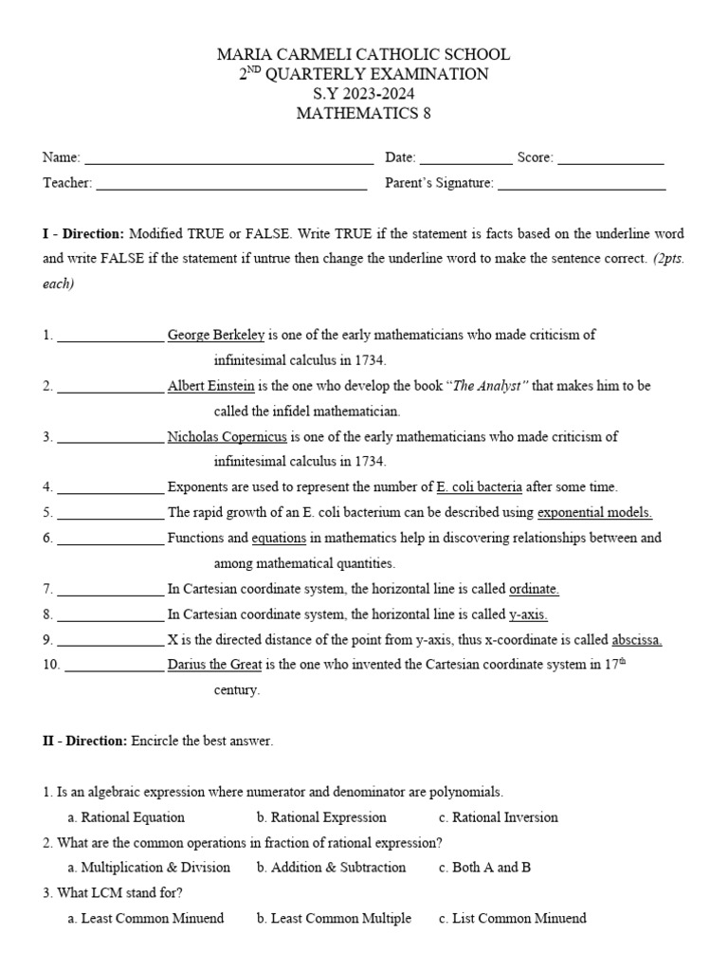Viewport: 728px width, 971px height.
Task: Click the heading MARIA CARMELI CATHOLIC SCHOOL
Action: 363,55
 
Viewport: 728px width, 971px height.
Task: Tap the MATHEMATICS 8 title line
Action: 363,114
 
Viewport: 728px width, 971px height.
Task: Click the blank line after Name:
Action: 228,159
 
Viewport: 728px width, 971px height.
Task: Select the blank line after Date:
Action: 464,159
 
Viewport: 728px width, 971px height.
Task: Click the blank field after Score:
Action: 610,159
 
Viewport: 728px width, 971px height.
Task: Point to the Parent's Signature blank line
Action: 581,185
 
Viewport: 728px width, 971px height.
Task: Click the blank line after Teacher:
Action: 231,185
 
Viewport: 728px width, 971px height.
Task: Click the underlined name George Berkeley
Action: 216,335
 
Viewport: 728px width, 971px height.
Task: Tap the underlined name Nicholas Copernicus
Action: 227,437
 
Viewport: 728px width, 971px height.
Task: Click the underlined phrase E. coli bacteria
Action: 479,487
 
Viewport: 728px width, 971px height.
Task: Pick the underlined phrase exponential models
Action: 594,513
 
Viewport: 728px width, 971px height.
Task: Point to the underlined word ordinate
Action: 534,589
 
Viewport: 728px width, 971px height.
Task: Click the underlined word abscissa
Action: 636,640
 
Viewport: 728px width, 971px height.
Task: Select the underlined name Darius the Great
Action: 214,665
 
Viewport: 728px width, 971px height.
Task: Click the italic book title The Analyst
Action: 487,386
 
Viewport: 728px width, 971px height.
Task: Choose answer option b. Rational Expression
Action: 321,817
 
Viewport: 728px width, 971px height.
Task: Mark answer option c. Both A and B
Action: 484,868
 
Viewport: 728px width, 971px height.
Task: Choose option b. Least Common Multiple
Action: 334,918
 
